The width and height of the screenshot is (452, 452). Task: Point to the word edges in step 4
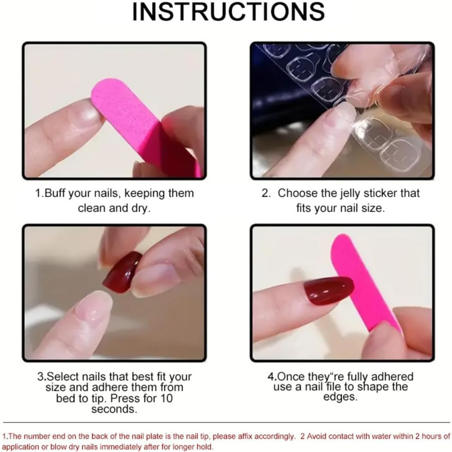341,397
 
